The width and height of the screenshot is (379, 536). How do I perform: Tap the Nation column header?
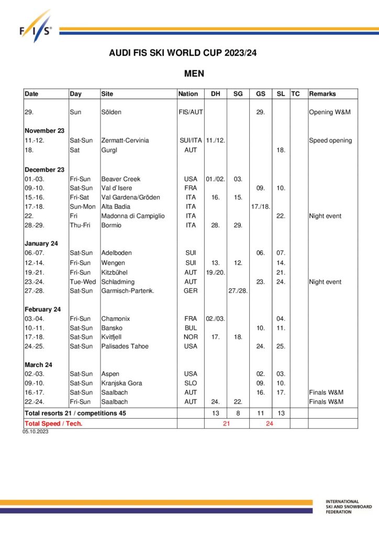tap(188, 94)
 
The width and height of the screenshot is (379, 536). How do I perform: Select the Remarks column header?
tap(322, 94)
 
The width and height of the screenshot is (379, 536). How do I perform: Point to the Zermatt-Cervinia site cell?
tap(125, 140)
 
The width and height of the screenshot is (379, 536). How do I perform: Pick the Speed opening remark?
tap(330, 140)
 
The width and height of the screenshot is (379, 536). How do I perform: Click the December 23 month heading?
tap(44, 170)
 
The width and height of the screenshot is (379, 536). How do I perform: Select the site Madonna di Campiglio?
tap(132, 216)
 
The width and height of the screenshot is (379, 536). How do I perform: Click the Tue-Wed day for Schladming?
tap(82, 282)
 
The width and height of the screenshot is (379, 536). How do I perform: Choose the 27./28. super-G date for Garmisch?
tap(238, 291)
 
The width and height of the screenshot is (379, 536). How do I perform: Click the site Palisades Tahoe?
tap(125, 346)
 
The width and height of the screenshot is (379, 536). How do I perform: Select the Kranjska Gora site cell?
tap(121, 383)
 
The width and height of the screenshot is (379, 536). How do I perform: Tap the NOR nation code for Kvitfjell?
tap(191, 337)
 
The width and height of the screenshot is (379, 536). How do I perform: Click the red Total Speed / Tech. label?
tap(53, 423)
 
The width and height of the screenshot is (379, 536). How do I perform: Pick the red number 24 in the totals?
tap(270, 423)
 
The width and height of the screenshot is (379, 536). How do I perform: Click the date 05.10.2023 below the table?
tap(36, 432)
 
